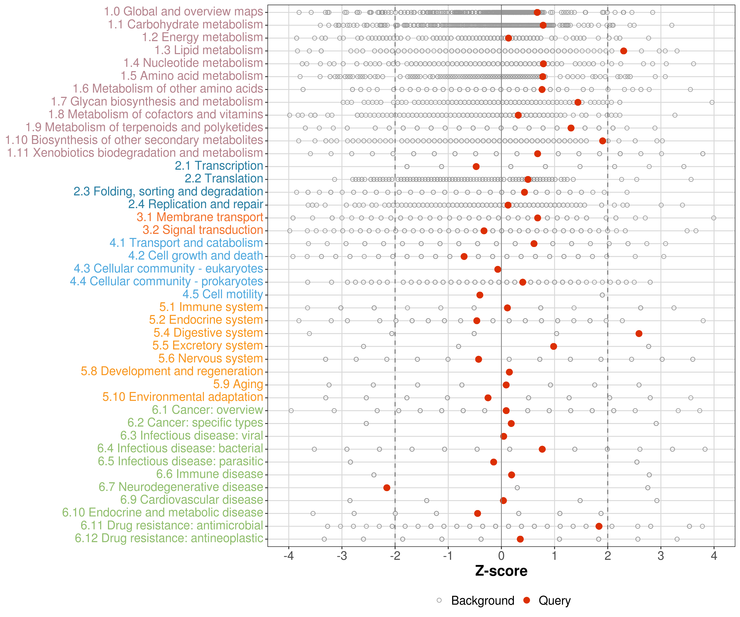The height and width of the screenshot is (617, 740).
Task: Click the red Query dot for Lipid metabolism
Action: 623,51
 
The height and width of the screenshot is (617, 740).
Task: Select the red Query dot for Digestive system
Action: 639,334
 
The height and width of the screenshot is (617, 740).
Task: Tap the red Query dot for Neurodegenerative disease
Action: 387,488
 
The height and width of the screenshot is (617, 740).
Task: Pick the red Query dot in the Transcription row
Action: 476,166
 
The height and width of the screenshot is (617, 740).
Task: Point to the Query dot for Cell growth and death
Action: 464,256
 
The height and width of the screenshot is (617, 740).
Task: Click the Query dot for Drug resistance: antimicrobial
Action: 599,526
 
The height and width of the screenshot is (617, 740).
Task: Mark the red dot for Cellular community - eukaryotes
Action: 498,269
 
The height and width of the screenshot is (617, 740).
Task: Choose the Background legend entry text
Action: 483,600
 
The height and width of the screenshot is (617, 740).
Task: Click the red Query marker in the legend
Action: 527,600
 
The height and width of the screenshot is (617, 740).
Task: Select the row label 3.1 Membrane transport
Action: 200,217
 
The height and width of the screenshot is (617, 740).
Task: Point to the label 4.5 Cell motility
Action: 223,294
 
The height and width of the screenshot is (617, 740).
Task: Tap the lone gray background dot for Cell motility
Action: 602,295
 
